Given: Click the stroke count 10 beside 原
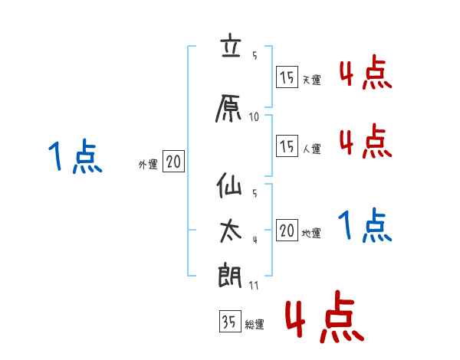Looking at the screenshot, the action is [255, 117].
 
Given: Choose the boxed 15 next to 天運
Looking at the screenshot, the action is [287, 77].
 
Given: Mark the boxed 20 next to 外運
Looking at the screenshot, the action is [173, 162].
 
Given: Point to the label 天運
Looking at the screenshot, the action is [311, 80].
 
